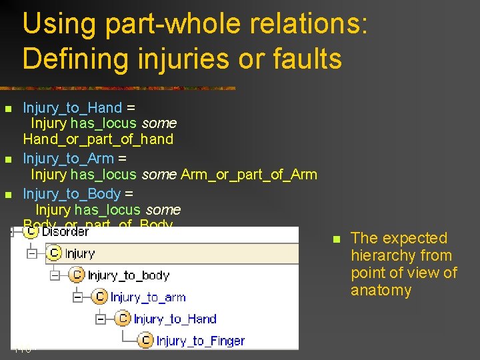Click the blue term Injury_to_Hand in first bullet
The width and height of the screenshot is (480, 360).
click(x=73, y=108)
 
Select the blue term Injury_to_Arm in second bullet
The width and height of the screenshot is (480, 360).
click(x=70, y=159)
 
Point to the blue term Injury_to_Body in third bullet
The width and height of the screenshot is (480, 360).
click(x=72, y=193)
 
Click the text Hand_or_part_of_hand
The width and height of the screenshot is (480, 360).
click(x=98, y=139)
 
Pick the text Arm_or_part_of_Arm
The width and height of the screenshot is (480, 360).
click(x=249, y=175)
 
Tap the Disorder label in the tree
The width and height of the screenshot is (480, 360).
click(x=65, y=232)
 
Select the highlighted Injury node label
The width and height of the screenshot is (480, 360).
click(x=80, y=253)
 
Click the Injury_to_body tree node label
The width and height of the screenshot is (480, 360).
click(x=129, y=275)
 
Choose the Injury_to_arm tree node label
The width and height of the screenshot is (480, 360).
click(x=148, y=297)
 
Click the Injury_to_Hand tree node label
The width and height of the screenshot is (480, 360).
click(x=175, y=319)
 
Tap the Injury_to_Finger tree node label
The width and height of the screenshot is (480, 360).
click(x=200, y=341)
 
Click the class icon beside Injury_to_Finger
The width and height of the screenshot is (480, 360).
click(x=146, y=341)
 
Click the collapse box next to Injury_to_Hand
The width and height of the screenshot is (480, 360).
click(x=101, y=319)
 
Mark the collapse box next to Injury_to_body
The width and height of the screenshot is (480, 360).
click(x=55, y=275)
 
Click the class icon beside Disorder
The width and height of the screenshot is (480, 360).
click(x=31, y=232)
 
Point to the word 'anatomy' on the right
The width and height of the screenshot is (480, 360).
click(x=381, y=291)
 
